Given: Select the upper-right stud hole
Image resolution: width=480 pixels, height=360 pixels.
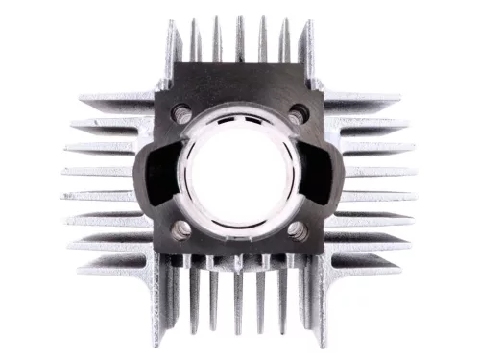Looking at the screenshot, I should (297, 113).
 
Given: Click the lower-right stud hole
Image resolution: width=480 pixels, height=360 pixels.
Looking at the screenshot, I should (297, 230).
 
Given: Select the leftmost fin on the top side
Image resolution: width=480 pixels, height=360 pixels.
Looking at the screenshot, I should (173, 45).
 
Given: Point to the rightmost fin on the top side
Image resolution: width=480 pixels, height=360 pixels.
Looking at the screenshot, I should (306, 45).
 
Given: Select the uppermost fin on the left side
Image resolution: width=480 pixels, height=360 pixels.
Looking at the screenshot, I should (115, 99).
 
